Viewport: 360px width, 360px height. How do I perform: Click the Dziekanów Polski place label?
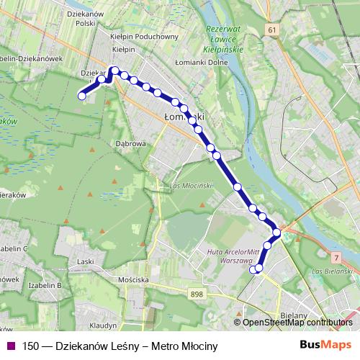point(86,18)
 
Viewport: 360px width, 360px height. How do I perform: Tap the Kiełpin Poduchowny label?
point(145,36)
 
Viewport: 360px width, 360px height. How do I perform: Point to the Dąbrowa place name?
point(131,143)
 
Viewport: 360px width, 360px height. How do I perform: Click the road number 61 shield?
point(271,30)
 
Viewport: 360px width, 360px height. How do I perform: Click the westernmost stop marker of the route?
point(82,95)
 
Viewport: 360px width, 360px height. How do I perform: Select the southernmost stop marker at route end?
point(253,270)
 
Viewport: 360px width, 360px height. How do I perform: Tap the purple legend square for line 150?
point(9,346)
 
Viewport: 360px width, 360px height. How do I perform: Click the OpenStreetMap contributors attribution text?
point(297,323)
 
